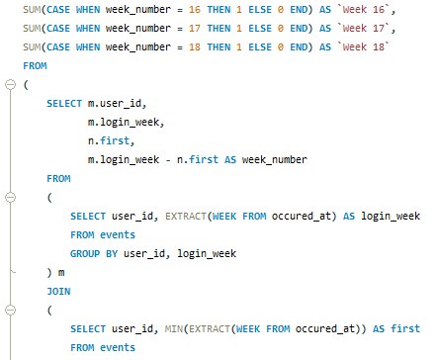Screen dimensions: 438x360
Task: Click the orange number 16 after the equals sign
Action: point(195,10)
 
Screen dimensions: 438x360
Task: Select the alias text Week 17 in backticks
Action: point(364,29)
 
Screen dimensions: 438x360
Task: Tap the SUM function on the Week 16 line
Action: point(32,10)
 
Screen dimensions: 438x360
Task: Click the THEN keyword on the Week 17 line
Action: point(219,29)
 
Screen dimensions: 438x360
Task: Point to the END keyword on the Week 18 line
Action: point(299,47)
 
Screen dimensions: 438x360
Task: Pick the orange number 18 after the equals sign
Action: point(195,47)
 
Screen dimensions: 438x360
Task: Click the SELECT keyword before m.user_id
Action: point(64,104)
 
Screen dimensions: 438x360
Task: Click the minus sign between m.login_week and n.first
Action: point(168,160)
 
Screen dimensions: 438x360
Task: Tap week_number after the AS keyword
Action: point(275,160)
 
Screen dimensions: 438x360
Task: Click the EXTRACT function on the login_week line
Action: point(186,217)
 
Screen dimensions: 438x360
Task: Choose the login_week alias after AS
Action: point(391,217)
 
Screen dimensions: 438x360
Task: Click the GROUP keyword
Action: point(85,254)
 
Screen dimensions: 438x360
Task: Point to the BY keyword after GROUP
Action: point(112,254)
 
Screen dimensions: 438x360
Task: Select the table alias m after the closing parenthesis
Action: point(61,273)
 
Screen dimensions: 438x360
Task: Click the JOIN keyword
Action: point(58,292)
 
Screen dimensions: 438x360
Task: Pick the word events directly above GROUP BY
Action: point(118,235)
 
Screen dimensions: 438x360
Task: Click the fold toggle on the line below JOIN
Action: point(11,310)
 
